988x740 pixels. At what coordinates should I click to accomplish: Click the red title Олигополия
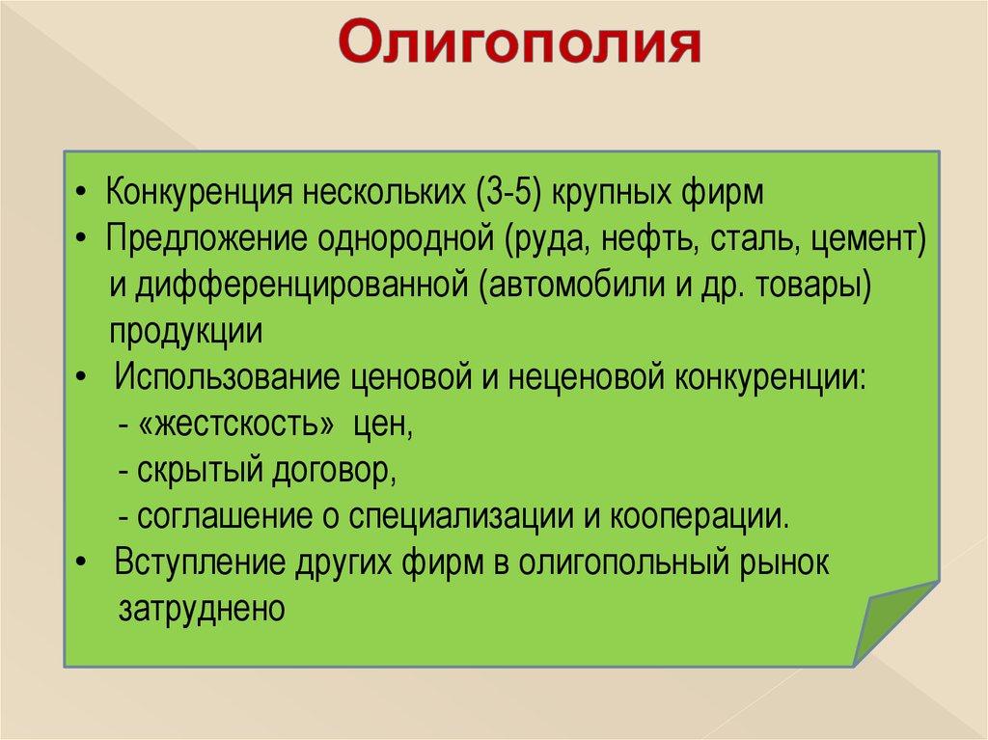520,42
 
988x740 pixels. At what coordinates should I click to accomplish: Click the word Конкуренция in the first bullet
199,192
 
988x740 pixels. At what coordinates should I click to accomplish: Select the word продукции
186,332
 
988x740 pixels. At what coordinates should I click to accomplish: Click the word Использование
228,377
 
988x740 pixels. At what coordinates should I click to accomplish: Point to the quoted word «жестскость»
235,424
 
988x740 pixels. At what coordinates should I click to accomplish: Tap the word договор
334,470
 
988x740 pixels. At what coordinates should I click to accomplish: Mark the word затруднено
202,609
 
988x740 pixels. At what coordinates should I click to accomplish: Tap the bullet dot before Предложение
80,238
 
